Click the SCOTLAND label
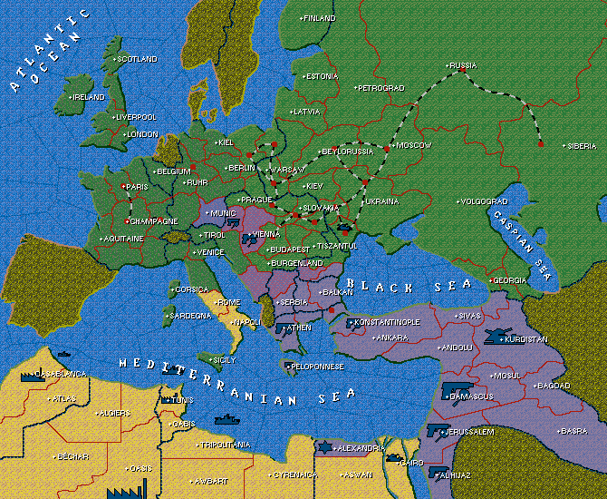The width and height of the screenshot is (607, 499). tap(137, 59)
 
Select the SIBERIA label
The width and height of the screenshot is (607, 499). tap(581, 146)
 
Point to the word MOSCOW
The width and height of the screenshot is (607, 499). tap(414, 145)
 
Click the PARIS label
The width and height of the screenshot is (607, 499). tap(136, 187)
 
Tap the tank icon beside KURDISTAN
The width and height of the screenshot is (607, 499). tap(497, 337)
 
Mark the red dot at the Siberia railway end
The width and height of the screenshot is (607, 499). tap(540, 143)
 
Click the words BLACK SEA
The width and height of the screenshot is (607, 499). tap(410, 284)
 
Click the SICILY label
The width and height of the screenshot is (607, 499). tap(223, 360)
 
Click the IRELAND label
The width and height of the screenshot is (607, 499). tap(89, 97)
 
